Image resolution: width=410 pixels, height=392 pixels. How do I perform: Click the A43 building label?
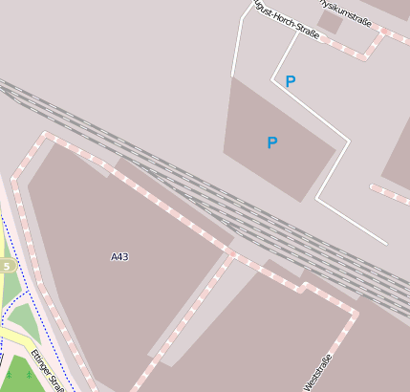tap(119, 256)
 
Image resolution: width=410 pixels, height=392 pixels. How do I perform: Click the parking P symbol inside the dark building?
tap(272, 143)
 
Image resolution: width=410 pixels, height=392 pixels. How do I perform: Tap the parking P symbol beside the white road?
tap(291, 82)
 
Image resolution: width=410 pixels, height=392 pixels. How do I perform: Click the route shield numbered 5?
tap(6, 266)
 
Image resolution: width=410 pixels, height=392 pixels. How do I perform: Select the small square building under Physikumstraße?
tap(331, 22)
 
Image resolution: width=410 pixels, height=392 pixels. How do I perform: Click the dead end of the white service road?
tap(386, 243)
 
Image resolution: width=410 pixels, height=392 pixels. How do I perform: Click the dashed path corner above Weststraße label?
tap(305, 284)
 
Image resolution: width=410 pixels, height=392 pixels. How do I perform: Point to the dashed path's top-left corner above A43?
tap(44, 135)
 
